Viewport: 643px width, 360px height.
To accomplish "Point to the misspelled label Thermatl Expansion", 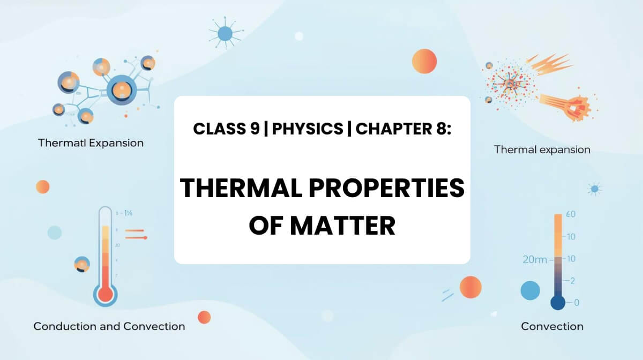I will point(91,143).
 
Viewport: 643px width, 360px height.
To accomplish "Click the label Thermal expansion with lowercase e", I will point(542,149).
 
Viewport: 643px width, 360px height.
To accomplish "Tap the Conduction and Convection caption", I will point(109,326).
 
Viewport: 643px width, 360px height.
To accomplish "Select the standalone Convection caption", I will point(552,326).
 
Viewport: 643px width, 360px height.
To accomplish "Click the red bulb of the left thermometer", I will point(105,294).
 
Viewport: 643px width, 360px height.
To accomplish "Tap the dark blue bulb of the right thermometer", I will point(558,303).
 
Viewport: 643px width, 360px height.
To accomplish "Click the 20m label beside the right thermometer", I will point(535,260).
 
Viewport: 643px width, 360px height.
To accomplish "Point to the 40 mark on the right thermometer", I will point(571,214).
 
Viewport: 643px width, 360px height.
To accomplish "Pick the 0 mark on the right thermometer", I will point(576,303).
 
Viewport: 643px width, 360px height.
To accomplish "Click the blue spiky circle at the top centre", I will point(225,34).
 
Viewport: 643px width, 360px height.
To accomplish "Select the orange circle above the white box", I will point(424,61).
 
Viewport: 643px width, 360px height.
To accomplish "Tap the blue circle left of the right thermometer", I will point(530,290).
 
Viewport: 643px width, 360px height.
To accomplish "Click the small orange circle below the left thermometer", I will point(204,317).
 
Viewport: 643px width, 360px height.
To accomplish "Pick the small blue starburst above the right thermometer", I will point(594,189).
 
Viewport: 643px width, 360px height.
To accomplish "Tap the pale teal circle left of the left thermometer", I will point(55,232).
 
